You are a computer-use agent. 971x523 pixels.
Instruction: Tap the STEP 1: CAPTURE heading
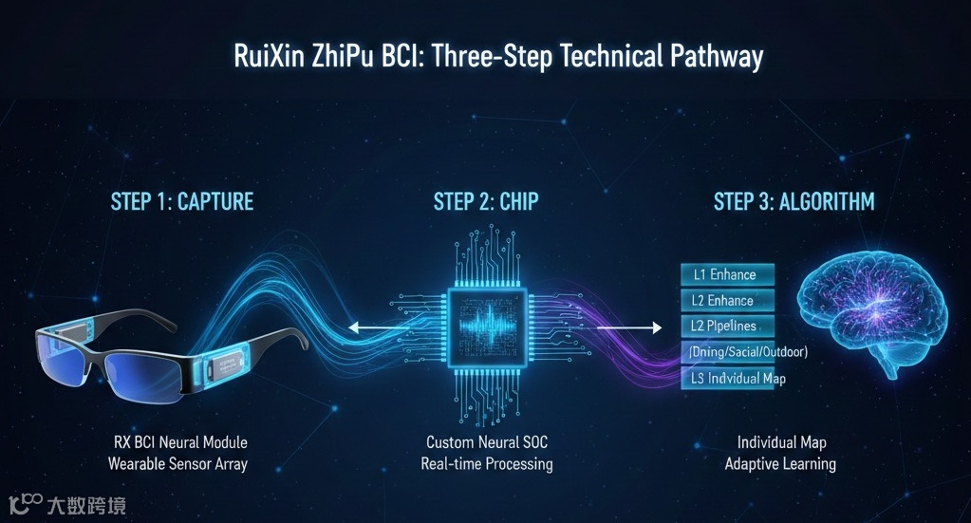click(182, 201)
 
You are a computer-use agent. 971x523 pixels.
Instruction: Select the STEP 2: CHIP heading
click(486, 201)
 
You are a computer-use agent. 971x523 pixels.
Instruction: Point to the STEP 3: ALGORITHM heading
click(794, 201)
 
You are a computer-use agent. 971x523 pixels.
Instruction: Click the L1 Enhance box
click(727, 274)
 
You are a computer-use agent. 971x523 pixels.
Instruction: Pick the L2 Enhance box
click(727, 301)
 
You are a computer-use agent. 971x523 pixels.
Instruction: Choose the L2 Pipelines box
click(727, 327)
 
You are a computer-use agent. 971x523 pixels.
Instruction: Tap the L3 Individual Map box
click(727, 379)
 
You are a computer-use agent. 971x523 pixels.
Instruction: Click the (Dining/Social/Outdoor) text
click(746, 352)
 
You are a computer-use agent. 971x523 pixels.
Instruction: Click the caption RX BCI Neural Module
click(178, 442)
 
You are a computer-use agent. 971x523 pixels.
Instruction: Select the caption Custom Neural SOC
click(486, 442)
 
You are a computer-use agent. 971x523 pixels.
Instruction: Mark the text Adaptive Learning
click(780, 464)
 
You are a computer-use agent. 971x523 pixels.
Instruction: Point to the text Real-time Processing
click(486, 464)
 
